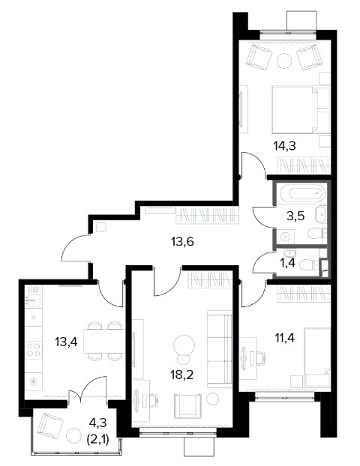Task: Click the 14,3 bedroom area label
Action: tap(284, 146)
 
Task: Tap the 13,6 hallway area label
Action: tap(182, 242)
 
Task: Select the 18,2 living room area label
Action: tap(182, 375)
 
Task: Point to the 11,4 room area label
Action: tap(284, 338)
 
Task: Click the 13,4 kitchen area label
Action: tap(66, 342)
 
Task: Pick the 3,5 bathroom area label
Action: tap(295, 216)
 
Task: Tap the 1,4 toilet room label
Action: tap(287, 263)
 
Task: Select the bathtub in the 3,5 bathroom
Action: tap(303, 193)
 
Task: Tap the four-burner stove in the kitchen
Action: tap(33, 350)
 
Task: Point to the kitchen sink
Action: tap(33, 300)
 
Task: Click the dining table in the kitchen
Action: tap(104, 341)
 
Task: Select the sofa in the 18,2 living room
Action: tap(220, 349)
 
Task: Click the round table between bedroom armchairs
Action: tap(284, 61)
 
